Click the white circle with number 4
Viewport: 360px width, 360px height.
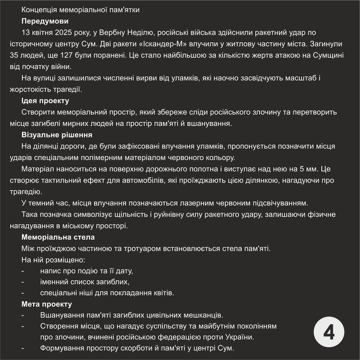click(x=329, y=333)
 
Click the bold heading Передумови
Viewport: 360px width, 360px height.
click(x=45, y=21)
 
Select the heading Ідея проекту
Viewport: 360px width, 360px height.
click(x=45, y=100)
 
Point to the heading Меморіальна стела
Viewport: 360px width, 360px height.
click(x=58, y=237)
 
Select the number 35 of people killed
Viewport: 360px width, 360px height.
click(x=14, y=56)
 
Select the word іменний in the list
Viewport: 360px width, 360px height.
click(x=54, y=282)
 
